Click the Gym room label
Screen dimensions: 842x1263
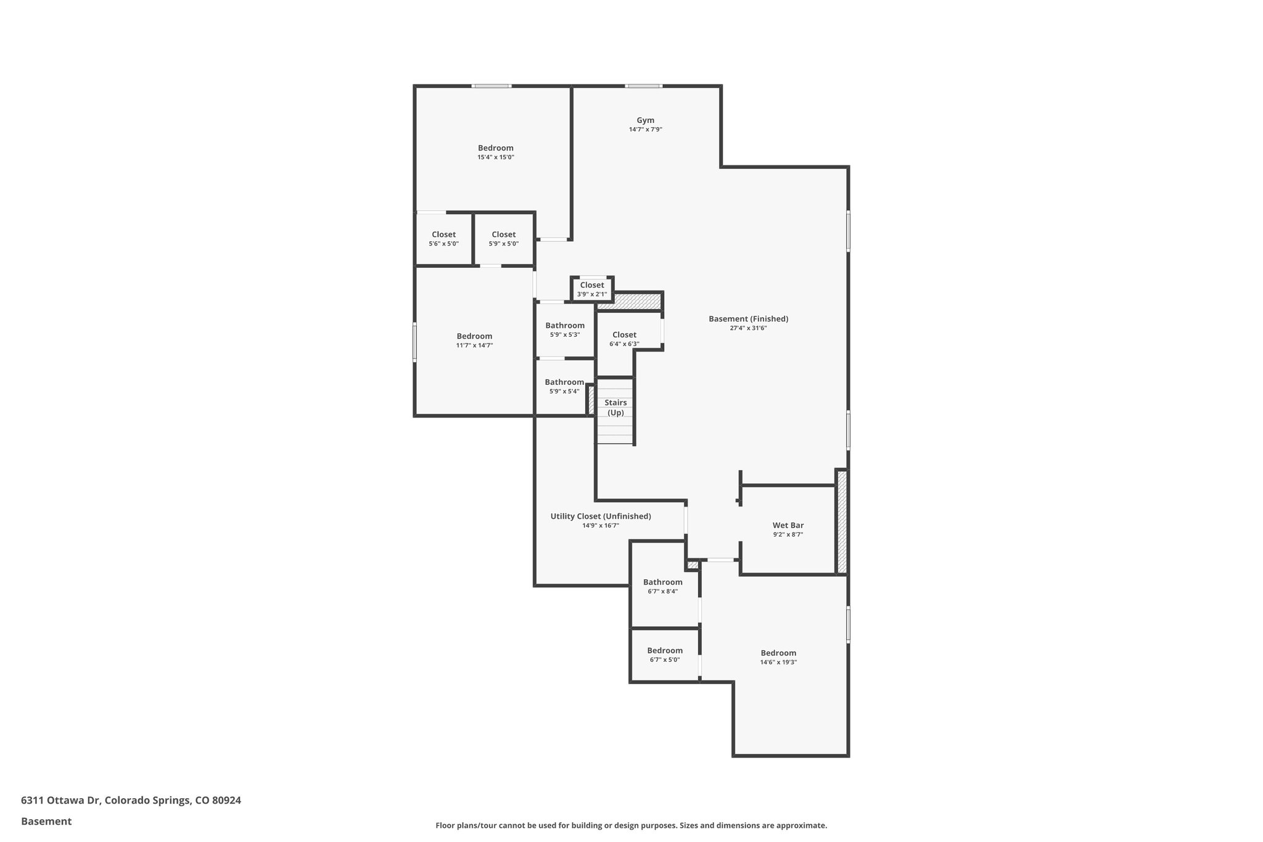(x=645, y=120)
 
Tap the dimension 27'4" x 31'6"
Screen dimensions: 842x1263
(x=748, y=328)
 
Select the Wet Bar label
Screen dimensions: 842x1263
(x=788, y=526)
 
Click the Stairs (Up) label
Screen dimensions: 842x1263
(x=615, y=407)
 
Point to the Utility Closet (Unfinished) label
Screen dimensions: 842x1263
(x=600, y=516)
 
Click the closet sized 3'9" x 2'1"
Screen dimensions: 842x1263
(x=591, y=289)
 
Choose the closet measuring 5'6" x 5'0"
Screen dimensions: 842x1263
(x=443, y=238)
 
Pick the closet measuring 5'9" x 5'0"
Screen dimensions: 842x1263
(x=503, y=238)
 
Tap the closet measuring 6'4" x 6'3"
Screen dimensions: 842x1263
(x=624, y=339)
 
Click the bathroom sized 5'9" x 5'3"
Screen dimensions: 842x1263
(x=564, y=329)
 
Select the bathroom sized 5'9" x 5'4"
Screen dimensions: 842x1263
(x=564, y=386)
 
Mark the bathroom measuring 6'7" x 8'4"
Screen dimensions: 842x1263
(x=662, y=586)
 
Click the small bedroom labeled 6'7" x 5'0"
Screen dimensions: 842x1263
(x=664, y=654)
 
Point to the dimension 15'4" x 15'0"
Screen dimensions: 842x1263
(x=495, y=157)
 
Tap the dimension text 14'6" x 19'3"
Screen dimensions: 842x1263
(x=778, y=662)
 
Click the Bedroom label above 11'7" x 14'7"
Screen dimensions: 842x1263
(x=474, y=336)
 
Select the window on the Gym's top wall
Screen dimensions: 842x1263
(x=643, y=86)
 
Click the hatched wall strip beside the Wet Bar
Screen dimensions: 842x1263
(x=841, y=522)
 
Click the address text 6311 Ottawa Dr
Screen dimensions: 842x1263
(x=60, y=800)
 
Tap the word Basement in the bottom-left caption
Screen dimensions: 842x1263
(x=46, y=821)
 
